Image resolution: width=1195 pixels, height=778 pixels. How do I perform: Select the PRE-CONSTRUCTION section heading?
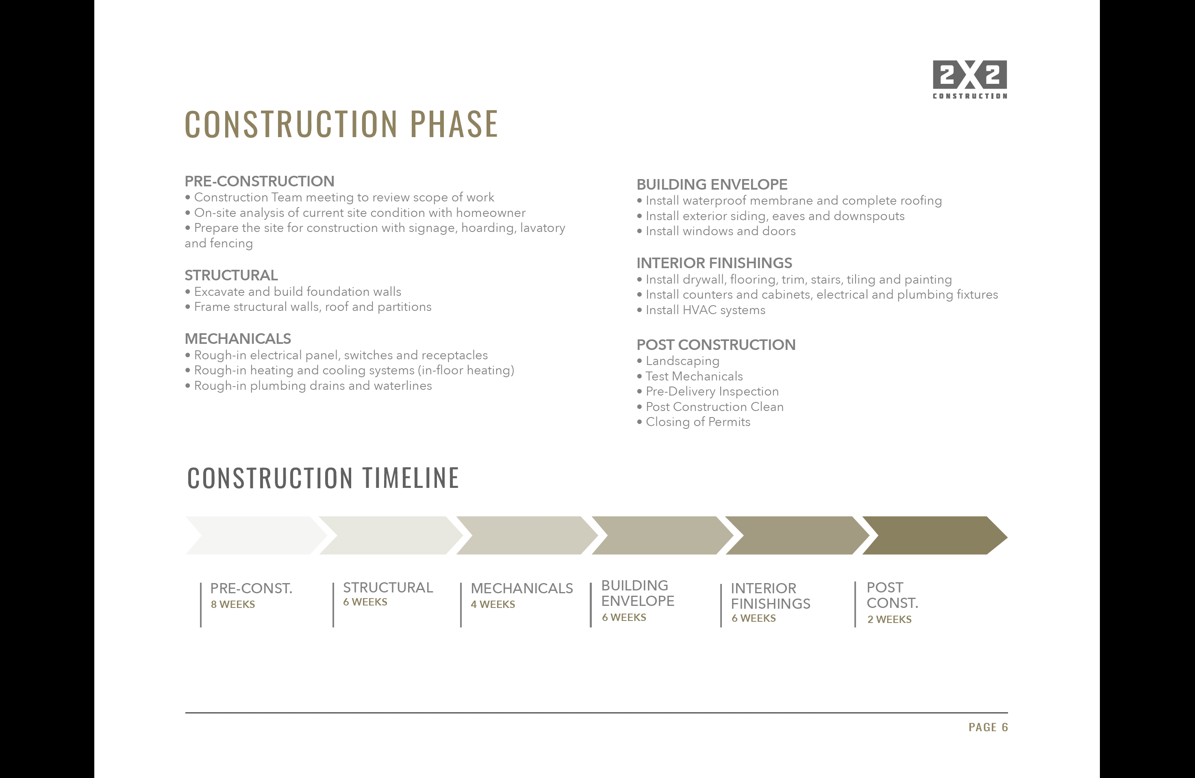point(259,181)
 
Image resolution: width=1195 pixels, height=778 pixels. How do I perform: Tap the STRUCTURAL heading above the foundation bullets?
point(231,275)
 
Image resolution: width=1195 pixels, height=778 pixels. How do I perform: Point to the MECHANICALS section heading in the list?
point(237,339)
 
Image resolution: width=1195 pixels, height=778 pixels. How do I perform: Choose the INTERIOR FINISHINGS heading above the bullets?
point(714,263)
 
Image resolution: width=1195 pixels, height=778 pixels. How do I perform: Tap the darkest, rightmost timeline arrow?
point(934,535)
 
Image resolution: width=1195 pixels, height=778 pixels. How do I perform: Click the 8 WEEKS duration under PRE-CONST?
point(233,605)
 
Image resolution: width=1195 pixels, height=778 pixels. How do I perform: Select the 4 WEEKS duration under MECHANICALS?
point(493,605)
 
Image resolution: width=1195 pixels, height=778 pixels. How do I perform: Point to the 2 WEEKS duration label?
point(889,620)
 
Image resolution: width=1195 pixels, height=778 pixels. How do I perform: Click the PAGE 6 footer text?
point(988,727)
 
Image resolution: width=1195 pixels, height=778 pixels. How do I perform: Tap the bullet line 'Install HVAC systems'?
point(701,310)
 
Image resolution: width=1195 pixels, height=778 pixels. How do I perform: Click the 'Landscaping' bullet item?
point(678,361)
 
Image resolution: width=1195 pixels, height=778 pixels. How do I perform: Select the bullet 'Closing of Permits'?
point(693,422)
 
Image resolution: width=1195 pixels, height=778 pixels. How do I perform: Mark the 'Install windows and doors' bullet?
point(716,231)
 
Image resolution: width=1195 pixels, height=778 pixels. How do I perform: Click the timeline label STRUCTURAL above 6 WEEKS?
point(388,588)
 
